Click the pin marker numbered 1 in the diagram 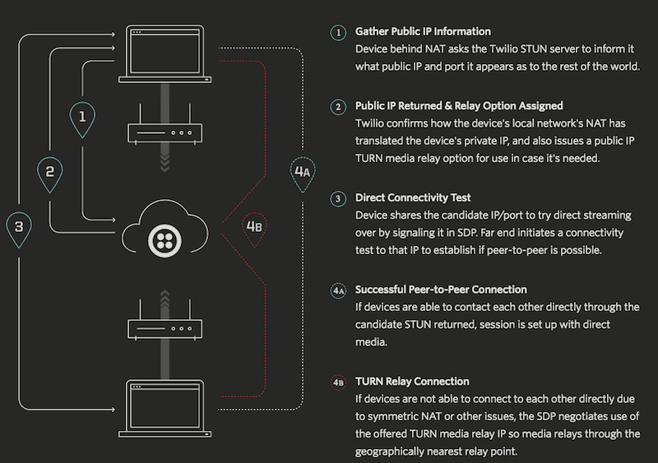pos(81,118)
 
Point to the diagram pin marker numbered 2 pos(50,172)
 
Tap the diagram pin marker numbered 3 pos(19,226)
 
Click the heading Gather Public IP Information pos(423,32)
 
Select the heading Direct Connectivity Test pos(412,198)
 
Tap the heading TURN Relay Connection pos(412,382)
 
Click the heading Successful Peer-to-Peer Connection pos(441,290)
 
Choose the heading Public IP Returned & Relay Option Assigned pos(459,106)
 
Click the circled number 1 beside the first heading pos(337,33)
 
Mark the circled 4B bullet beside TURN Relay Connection pos(337,382)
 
